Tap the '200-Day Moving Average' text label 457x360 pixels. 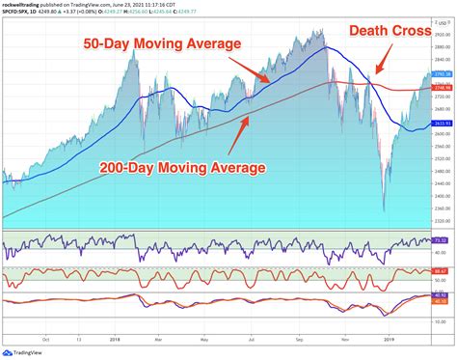click(x=182, y=168)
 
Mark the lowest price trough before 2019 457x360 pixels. click(x=384, y=208)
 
